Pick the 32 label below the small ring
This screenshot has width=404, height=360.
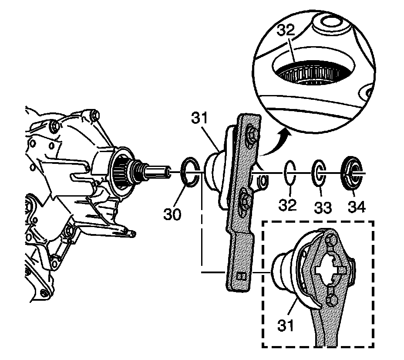click(x=288, y=204)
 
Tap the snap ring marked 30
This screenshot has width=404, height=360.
click(x=190, y=173)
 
